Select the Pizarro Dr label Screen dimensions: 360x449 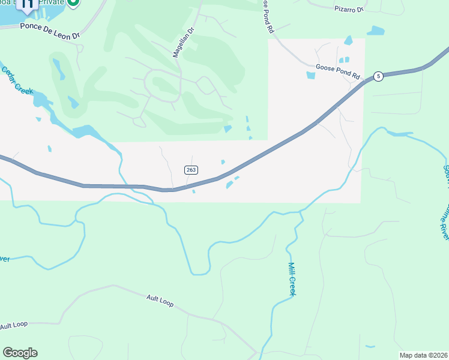[x=349, y=10]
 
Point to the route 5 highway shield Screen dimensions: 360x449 [x=378, y=76]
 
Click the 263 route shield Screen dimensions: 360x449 [x=191, y=170]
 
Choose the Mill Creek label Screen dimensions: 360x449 [x=293, y=279]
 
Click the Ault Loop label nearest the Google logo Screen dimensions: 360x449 [x=14, y=325]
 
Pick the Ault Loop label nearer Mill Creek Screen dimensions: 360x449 [x=160, y=301]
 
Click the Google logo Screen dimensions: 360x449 [x=20, y=353]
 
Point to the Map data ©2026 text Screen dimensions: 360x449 [x=423, y=355]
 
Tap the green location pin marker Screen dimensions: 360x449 [x=73, y=3]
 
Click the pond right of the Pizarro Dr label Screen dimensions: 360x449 [x=376, y=30]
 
